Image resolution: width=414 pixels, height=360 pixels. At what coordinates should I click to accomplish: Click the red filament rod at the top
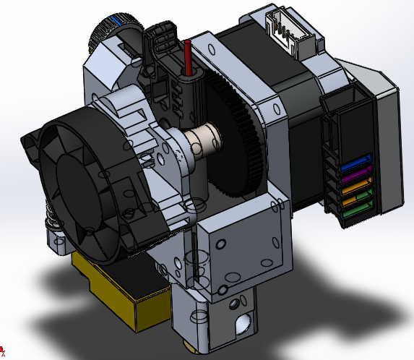[188, 57]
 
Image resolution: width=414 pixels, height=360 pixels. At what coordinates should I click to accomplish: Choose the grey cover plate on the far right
[387, 145]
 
